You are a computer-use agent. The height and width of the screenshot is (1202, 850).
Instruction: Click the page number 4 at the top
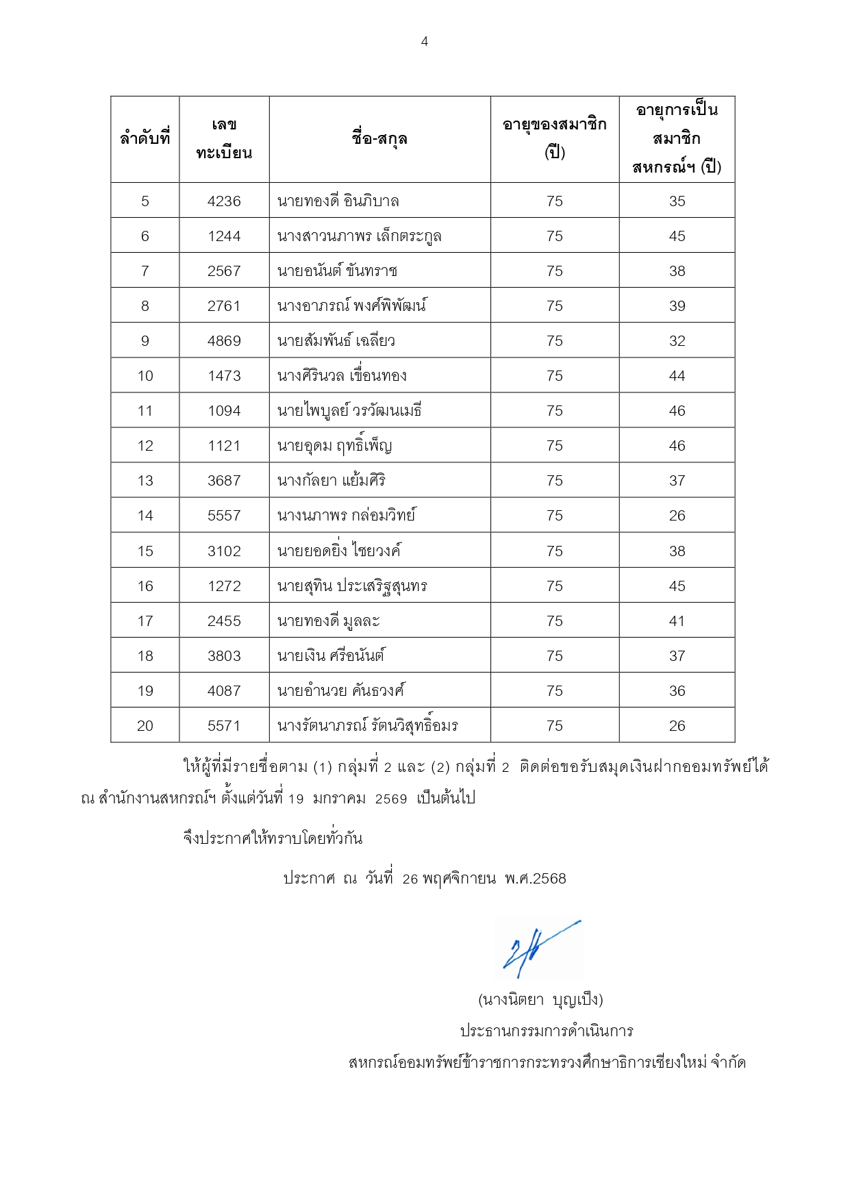click(425, 42)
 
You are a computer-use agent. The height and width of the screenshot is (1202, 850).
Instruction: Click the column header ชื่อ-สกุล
click(379, 139)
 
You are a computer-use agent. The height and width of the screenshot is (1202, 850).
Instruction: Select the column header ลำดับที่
click(145, 139)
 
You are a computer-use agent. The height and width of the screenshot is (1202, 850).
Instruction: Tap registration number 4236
click(224, 201)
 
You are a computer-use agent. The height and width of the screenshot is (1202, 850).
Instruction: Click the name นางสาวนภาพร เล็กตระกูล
click(359, 236)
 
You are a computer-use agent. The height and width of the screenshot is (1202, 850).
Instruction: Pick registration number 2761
click(224, 306)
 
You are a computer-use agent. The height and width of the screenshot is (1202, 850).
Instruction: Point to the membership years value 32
click(677, 341)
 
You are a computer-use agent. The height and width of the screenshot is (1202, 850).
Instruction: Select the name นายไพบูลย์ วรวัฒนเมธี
click(349, 411)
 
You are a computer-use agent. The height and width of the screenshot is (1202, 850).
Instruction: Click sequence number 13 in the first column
click(145, 481)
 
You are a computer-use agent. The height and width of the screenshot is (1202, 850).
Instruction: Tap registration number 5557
click(224, 516)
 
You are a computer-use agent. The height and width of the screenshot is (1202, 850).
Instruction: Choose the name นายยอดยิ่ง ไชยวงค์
click(339, 551)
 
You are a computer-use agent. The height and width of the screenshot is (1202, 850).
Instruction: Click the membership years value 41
click(677, 621)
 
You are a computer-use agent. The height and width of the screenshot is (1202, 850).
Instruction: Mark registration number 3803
click(224, 656)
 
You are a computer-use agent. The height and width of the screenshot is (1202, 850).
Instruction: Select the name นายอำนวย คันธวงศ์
click(340, 691)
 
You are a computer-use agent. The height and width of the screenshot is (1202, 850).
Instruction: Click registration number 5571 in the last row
click(224, 726)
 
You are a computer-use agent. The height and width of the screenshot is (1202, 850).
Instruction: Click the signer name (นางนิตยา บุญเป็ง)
click(540, 1000)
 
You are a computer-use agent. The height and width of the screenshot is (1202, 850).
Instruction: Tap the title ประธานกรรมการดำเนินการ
click(547, 1031)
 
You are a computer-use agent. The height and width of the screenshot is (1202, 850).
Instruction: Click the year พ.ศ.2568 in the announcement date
click(535, 879)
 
